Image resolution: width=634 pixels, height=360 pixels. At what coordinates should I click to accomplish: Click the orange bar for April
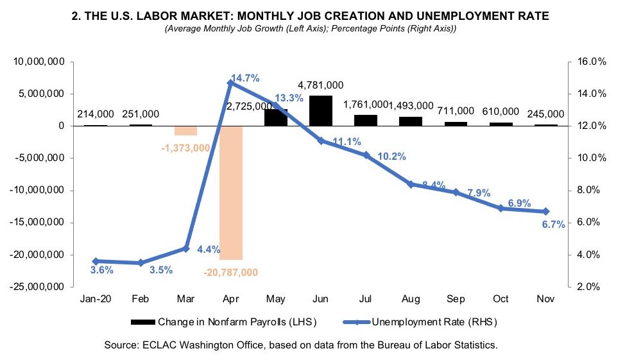click(231, 193)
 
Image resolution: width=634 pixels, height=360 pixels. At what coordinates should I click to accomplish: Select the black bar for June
click(321, 110)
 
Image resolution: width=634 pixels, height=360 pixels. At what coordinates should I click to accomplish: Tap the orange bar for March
click(185, 130)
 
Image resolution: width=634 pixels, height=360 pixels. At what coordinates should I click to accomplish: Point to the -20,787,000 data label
click(230, 272)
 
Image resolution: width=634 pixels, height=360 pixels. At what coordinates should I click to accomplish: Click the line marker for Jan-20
click(96, 261)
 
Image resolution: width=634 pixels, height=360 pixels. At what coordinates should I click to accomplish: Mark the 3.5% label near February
click(161, 270)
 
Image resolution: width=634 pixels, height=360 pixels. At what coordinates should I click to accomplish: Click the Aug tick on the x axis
click(411, 299)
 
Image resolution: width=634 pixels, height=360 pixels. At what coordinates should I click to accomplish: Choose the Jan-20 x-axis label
click(96, 299)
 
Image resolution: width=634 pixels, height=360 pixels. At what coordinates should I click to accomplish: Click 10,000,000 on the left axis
click(37, 62)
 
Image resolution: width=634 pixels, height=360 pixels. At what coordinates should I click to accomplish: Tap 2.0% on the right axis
click(587, 287)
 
